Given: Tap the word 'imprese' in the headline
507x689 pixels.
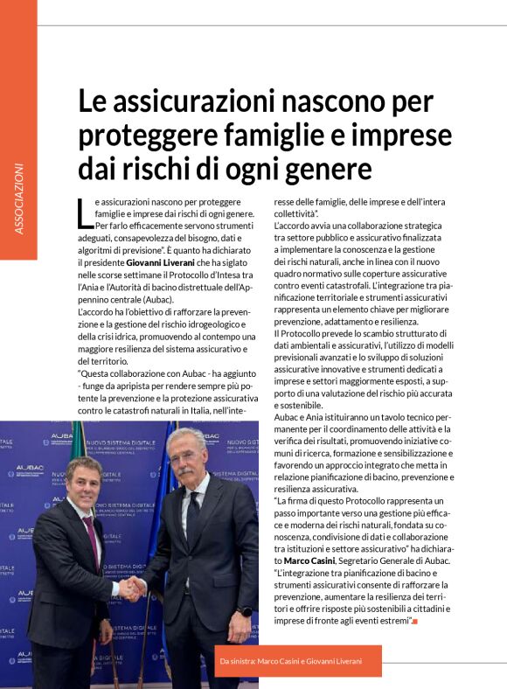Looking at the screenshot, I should click(x=406, y=136).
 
